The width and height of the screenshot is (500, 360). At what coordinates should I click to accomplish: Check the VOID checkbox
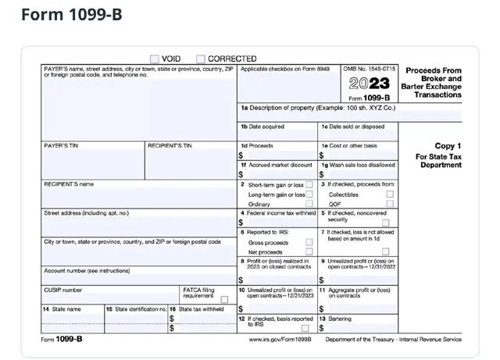[x=155, y=59]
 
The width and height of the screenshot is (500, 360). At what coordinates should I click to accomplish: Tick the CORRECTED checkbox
[x=201, y=59]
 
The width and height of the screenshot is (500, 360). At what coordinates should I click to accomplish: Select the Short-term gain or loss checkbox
[x=309, y=184]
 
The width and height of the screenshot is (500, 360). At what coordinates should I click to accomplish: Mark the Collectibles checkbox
[x=389, y=194]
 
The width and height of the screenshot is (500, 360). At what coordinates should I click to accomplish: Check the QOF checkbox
[x=389, y=204]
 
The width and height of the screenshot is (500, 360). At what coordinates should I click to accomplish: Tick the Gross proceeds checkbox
[x=309, y=242]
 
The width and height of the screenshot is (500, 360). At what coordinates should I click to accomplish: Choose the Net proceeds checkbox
[x=309, y=252]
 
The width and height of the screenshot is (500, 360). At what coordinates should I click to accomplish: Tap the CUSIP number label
[x=62, y=290]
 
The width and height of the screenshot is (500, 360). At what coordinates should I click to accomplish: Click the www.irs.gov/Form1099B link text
[x=280, y=340]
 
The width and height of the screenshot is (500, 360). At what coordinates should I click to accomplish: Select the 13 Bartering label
[x=338, y=319]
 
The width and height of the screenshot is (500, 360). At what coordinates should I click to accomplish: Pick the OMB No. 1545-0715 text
[x=370, y=70]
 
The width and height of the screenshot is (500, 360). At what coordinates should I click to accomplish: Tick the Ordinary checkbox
[x=309, y=204]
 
